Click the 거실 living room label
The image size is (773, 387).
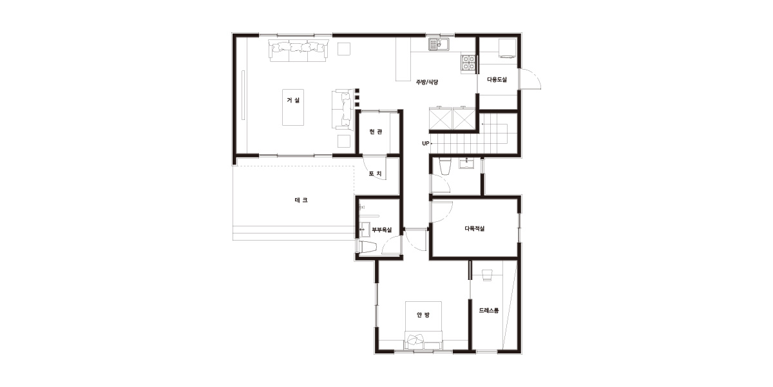[x=293, y=100]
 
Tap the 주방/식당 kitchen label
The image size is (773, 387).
[x=427, y=83]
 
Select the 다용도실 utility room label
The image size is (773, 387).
[x=497, y=79]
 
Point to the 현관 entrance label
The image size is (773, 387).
[x=376, y=132]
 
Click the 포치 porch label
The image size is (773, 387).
[x=375, y=174]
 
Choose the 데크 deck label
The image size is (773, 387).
[x=301, y=200]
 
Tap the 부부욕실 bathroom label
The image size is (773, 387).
[x=381, y=230]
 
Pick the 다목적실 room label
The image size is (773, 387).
[x=475, y=228]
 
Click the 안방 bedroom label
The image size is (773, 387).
[x=423, y=315]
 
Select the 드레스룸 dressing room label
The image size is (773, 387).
[x=489, y=311]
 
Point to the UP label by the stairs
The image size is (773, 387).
[x=426, y=143]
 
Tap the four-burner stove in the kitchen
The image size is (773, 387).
[x=469, y=63]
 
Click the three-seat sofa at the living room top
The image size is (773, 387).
[x=298, y=50]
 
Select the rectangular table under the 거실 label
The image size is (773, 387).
[x=293, y=107]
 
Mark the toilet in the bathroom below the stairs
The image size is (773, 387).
[x=445, y=166]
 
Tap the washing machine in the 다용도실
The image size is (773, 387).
[x=507, y=48]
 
